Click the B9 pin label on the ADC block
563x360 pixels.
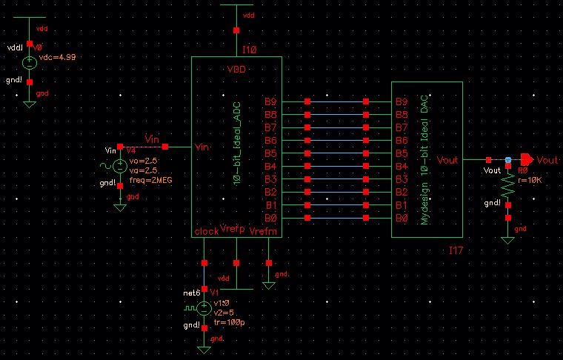tap(271, 101)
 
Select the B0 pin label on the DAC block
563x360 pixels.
tap(402, 218)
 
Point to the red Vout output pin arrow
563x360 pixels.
tap(527, 159)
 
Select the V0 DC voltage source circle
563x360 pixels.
tap(30, 64)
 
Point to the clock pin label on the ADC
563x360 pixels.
tap(206, 231)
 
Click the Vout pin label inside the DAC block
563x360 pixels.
tap(448, 159)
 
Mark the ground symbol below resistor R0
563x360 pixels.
tap(507, 239)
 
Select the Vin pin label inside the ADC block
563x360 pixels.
tap(202, 147)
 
